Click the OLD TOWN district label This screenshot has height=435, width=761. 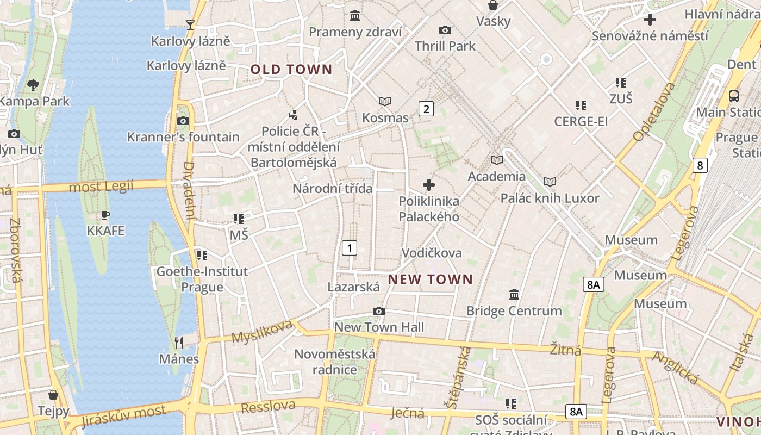[291, 69]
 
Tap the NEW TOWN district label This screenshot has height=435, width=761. [431, 279]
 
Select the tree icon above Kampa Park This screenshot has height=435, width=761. [33, 85]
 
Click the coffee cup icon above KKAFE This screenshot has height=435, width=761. [105, 215]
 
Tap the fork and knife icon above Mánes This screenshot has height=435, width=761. [179, 343]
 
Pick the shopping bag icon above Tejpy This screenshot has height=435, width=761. [53, 394]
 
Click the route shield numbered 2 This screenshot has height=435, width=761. [426, 109]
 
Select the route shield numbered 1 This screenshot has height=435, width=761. [350, 248]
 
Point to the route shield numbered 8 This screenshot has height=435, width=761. [700, 165]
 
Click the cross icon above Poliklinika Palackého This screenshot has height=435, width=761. [429, 185]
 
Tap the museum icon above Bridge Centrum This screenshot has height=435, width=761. [514, 295]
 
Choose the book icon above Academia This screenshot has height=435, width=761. [497, 160]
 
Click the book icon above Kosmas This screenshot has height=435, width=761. [385, 101]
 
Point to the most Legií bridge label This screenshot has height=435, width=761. [101, 187]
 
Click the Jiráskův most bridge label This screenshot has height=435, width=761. [123, 415]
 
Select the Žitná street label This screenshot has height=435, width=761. [565, 349]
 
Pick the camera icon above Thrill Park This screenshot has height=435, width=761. [445, 30]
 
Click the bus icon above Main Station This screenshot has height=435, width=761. [734, 96]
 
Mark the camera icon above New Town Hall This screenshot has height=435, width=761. [379, 311]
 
